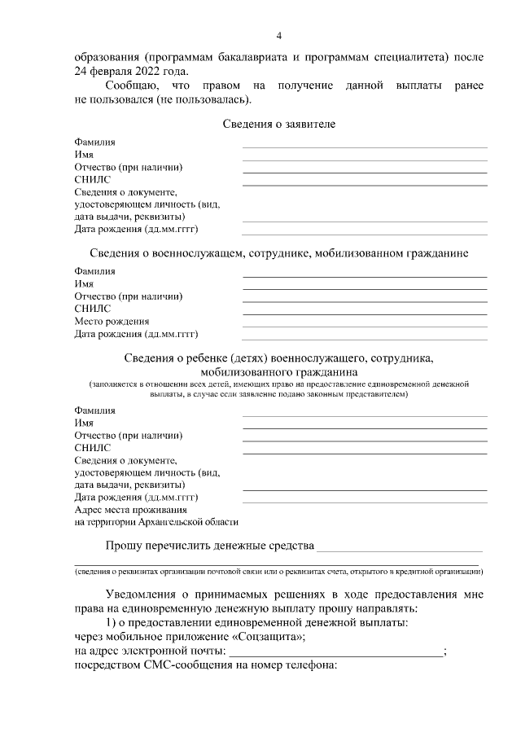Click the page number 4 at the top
point(278,36)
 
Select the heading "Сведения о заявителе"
point(278,124)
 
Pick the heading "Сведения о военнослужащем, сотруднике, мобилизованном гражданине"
point(278,253)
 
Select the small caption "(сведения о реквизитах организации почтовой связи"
point(278,570)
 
